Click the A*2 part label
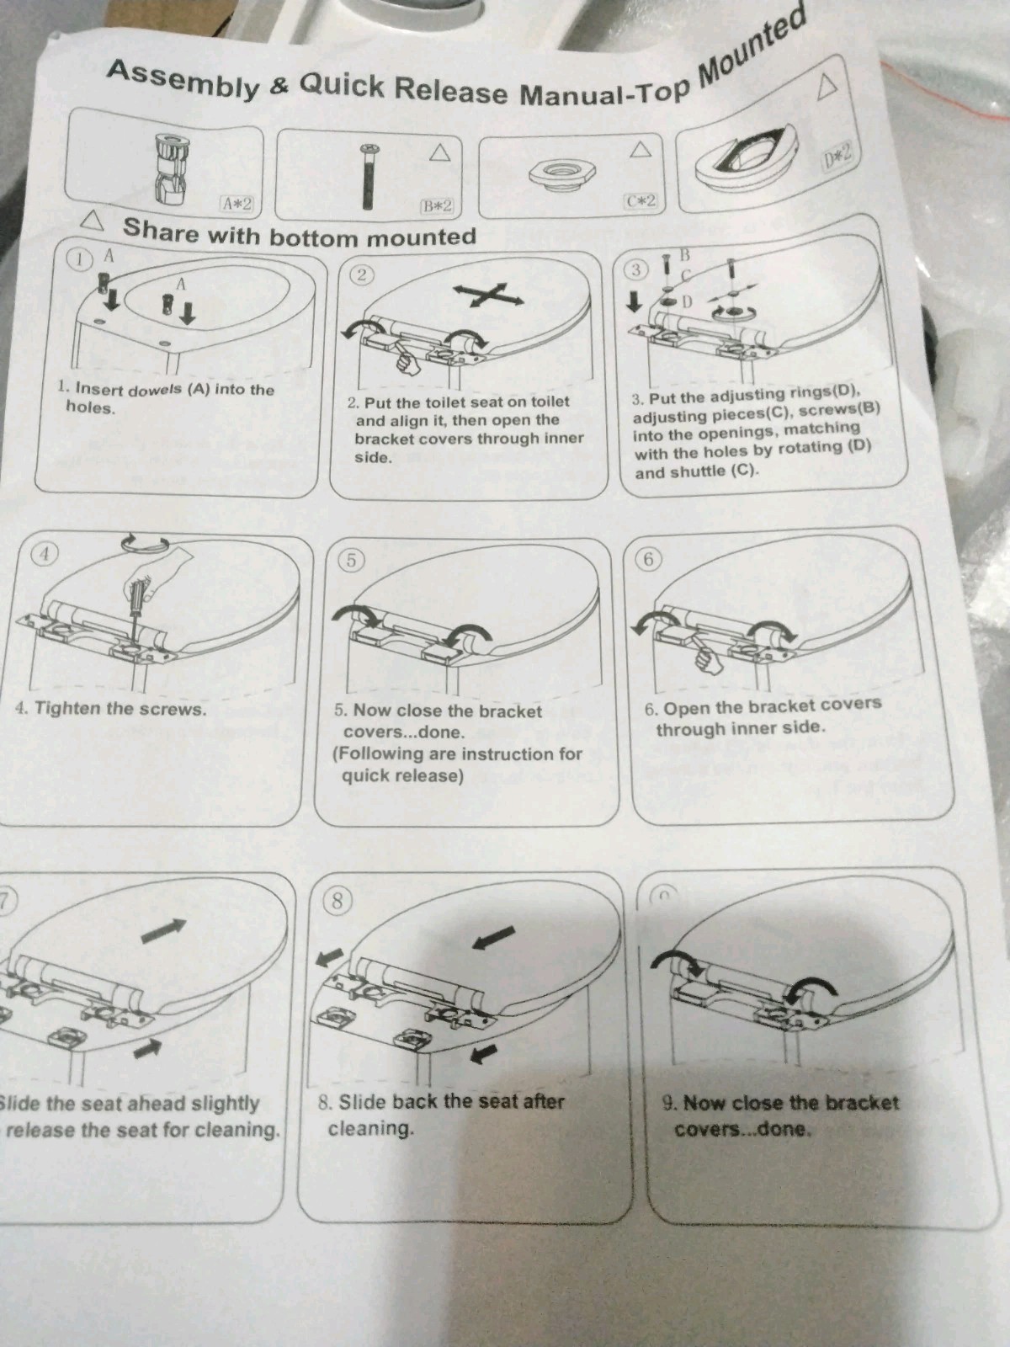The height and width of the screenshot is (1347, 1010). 237,202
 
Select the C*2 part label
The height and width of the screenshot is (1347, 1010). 640,201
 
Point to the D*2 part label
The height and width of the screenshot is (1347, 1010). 837,155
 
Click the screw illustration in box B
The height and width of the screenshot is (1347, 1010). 368,177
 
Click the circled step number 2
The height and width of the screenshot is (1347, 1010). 361,274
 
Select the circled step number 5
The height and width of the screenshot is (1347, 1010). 351,560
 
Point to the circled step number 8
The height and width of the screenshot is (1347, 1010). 337,901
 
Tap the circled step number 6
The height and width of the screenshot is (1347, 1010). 648,559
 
